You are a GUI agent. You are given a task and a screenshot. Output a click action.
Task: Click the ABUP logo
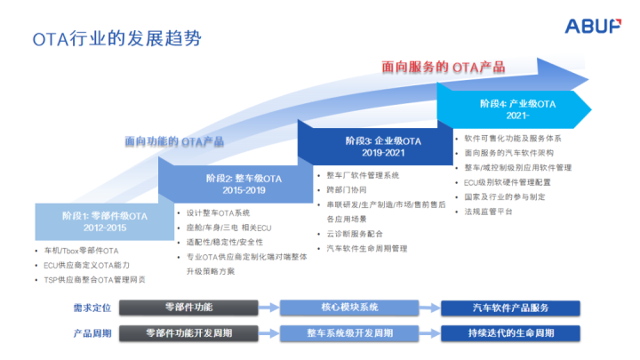593,27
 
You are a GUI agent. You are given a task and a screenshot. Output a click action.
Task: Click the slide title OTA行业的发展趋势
116,38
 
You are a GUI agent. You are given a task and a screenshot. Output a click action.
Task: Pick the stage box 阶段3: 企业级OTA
383,146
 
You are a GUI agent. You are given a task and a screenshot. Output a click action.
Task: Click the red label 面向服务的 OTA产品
443,66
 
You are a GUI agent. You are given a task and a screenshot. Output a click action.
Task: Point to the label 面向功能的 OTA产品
173,140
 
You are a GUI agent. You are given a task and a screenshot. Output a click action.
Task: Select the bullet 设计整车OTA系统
218,213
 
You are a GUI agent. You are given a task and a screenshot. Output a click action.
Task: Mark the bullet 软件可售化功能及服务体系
513,139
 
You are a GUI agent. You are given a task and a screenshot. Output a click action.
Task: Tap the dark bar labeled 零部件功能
190,308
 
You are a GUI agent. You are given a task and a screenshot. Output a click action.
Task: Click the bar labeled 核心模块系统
349,308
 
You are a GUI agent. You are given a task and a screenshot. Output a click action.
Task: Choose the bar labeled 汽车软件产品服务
510,308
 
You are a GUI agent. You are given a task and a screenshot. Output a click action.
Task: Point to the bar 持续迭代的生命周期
510,332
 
